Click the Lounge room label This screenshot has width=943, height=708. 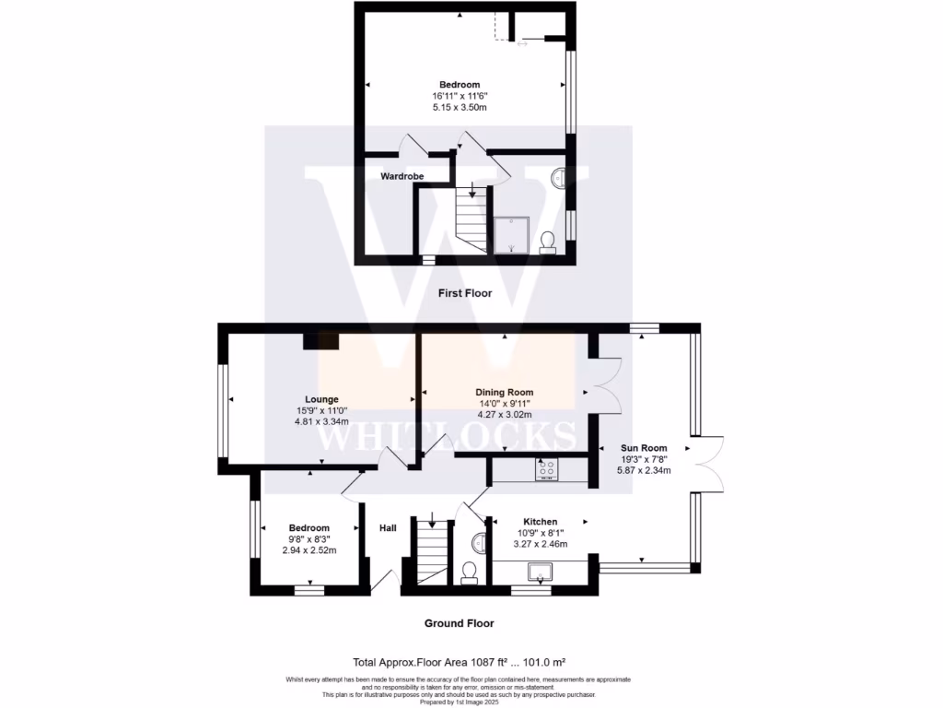(x=316, y=399)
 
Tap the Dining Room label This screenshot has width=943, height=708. (x=504, y=392)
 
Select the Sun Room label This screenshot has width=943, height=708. (x=642, y=447)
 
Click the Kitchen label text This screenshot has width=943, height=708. (x=540, y=522)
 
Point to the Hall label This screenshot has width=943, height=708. (x=388, y=528)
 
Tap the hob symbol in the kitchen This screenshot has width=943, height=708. (x=546, y=469)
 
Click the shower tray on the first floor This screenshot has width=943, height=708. (x=511, y=234)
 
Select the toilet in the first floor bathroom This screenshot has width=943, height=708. (x=547, y=242)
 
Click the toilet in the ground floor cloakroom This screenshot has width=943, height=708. (x=469, y=572)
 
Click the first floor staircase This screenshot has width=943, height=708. (x=471, y=220)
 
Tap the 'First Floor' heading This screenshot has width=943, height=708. (x=465, y=293)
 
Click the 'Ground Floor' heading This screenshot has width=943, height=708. (x=459, y=623)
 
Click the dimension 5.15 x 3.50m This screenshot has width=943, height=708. (x=460, y=107)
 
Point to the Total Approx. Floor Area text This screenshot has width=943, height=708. (x=459, y=662)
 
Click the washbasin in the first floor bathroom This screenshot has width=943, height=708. (x=559, y=178)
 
